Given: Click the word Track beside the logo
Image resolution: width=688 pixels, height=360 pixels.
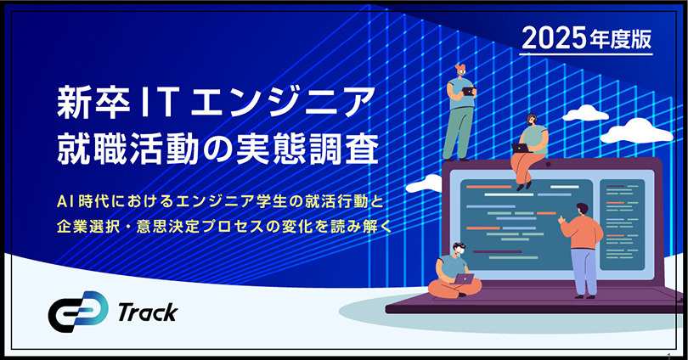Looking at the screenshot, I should (x=148, y=312).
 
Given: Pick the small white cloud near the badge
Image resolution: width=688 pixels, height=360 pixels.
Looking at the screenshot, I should (x=586, y=112).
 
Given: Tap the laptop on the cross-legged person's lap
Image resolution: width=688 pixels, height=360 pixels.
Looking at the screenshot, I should (x=464, y=278).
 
